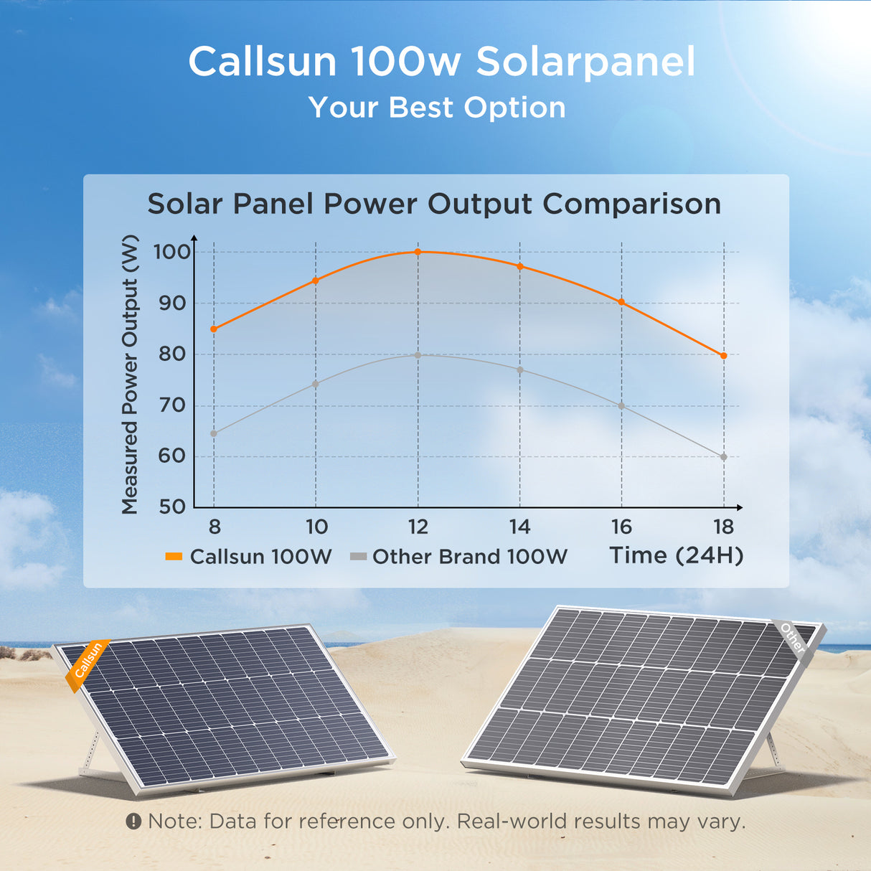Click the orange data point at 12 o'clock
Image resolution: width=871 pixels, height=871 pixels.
[x=418, y=252]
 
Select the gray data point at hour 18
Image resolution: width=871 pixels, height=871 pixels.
[x=723, y=457]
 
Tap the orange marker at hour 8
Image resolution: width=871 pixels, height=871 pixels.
[x=214, y=329]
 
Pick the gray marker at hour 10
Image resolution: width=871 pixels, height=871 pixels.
[x=316, y=384]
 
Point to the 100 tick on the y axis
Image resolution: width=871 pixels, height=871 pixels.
[x=171, y=252]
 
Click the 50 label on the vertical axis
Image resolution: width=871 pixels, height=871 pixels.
[x=171, y=507]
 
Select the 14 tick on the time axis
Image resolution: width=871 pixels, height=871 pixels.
[x=519, y=527]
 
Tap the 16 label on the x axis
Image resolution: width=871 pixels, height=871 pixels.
[x=621, y=527]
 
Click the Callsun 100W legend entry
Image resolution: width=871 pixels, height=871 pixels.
[x=249, y=557]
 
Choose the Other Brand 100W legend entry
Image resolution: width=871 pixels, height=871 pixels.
[x=459, y=557]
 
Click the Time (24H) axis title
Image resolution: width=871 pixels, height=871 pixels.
[x=676, y=555]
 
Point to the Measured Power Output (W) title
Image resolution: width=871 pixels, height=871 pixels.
[x=130, y=374]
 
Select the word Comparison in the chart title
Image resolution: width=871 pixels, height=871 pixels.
[x=631, y=204]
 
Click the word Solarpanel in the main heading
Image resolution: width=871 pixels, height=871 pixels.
[x=585, y=62]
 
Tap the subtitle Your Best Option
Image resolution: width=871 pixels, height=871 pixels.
[x=437, y=108]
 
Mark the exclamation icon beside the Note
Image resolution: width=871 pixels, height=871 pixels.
[x=133, y=821]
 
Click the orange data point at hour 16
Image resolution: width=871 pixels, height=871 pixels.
[x=621, y=302]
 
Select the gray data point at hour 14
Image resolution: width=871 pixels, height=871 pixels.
[x=519, y=370]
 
